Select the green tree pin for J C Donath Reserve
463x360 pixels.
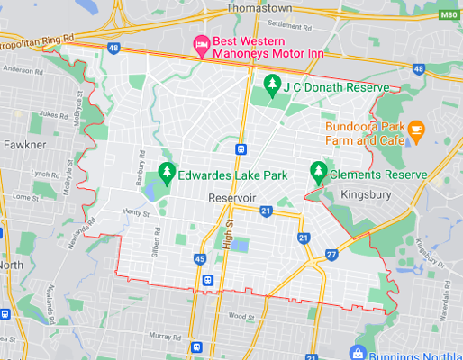[271, 85]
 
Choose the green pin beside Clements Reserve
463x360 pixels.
[317, 169]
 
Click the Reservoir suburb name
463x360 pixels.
[232, 197]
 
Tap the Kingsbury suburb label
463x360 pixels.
[367, 193]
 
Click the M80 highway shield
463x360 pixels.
[449, 15]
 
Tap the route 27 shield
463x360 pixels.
[331, 256]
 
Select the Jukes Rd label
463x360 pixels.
[53, 115]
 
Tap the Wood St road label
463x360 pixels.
[241, 316]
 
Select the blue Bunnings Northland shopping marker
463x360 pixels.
[359, 352]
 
